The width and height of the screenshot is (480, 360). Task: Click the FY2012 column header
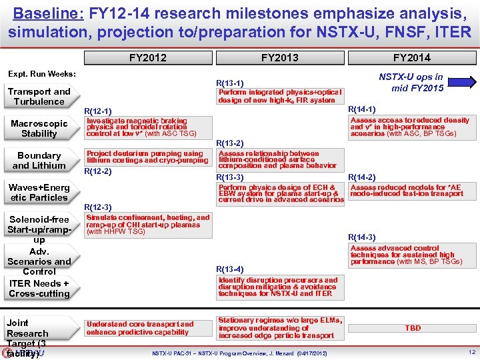point(148,57)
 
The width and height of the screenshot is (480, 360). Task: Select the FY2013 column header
point(279,57)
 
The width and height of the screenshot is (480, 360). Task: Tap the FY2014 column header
point(411,57)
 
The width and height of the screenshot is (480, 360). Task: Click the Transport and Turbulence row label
point(39,97)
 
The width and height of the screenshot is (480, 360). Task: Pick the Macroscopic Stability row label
point(39,129)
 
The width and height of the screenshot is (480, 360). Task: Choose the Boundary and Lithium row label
point(39,161)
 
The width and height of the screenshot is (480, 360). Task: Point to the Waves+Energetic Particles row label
point(39,193)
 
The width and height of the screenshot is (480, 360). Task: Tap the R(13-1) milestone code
point(230,83)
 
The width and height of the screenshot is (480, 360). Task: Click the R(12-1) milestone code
point(98,111)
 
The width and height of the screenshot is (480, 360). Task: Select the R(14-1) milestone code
point(362,109)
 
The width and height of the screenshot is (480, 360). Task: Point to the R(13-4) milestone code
point(230,269)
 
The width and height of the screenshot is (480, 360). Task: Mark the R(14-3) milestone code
point(362,237)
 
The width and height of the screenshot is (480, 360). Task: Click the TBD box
point(413,329)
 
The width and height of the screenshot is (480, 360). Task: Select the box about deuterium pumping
point(147,157)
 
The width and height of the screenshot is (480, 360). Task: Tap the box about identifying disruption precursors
point(279,287)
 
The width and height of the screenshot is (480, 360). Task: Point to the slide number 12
point(471,352)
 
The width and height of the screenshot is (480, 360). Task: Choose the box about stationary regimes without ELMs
point(279,328)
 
